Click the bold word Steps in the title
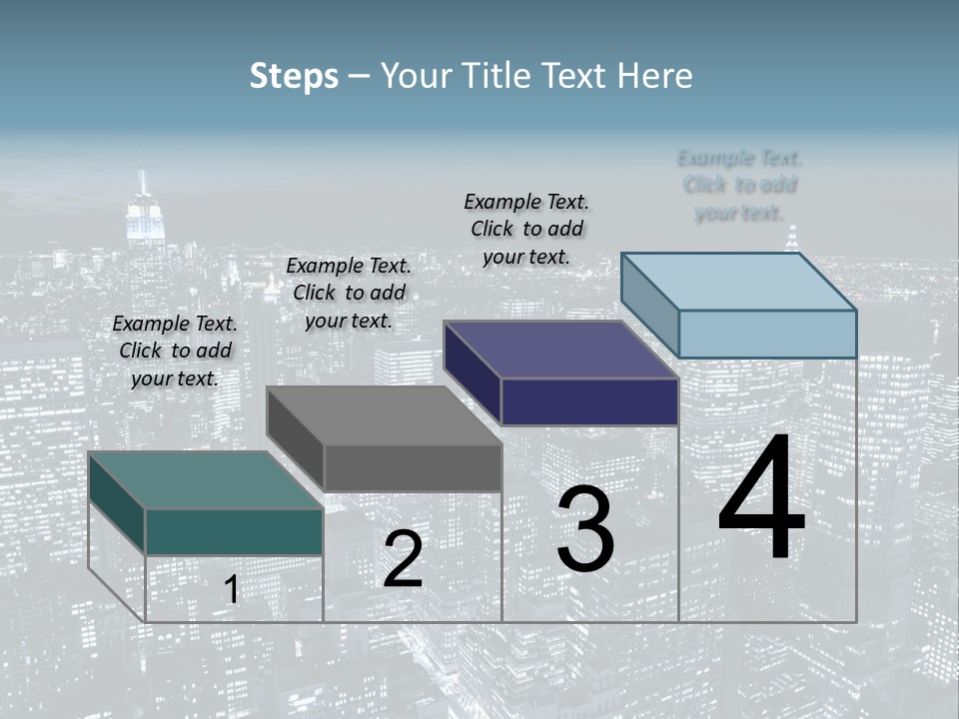click(294, 76)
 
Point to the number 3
click(585, 530)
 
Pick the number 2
click(403, 560)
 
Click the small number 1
click(232, 590)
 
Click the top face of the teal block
click(205, 480)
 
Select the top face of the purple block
click(560, 350)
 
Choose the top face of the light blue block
click(738, 281)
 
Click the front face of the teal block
click(234, 531)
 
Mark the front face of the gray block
click(413, 467)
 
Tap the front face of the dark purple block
click(589, 401)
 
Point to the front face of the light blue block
click(767, 334)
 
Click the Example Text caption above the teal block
click(175, 351)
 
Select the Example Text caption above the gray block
click(349, 293)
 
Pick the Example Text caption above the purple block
click(526, 229)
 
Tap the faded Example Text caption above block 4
click(739, 185)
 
